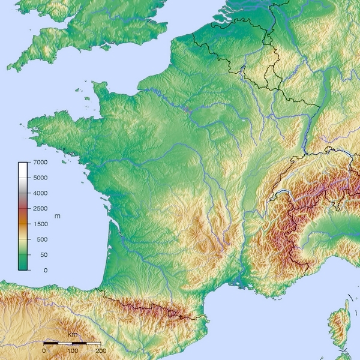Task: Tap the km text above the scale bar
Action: (x=72, y=334)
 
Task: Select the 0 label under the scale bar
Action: (x=44, y=350)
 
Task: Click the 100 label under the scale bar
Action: (x=73, y=350)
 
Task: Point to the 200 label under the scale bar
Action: (x=101, y=350)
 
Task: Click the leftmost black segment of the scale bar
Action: (x=51, y=342)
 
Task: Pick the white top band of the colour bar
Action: (x=23, y=165)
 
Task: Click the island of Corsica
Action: (x=340, y=327)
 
